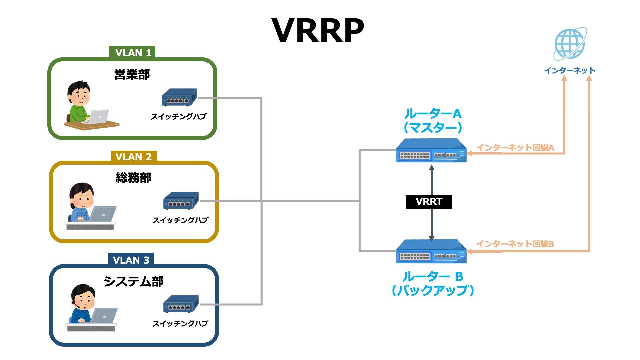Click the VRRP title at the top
click(318, 31)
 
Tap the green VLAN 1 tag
click(133, 53)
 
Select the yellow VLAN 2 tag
click(133, 156)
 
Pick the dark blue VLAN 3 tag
click(131, 260)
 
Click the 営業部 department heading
click(132, 74)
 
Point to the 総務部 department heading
click(133, 178)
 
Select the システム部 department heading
click(133, 281)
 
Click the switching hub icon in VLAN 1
click(179, 97)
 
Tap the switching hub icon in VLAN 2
click(181, 201)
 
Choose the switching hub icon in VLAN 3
click(181, 304)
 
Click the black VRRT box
click(429, 202)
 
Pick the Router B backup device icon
click(431, 252)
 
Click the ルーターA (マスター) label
click(433, 120)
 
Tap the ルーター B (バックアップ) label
click(433, 283)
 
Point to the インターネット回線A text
click(515, 147)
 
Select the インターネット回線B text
click(515, 244)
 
